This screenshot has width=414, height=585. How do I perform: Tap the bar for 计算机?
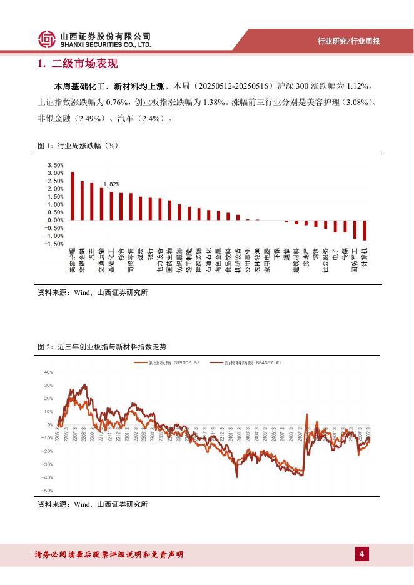click(365, 230)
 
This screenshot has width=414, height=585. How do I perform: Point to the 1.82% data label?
click(111, 184)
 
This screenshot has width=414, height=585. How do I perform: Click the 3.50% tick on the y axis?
click(55, 165)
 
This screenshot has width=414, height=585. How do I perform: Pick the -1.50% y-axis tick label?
click(54, 244)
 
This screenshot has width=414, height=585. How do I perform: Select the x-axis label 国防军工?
click(355, 262)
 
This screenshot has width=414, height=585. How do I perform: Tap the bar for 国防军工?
click(355, 229)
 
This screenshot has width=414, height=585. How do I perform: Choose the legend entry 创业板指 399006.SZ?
click(171, 362)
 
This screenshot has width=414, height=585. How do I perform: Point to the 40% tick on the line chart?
click(48, 372)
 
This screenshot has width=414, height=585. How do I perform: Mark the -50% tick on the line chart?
click(47, 491)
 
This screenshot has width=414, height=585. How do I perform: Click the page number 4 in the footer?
click(361, 554)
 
